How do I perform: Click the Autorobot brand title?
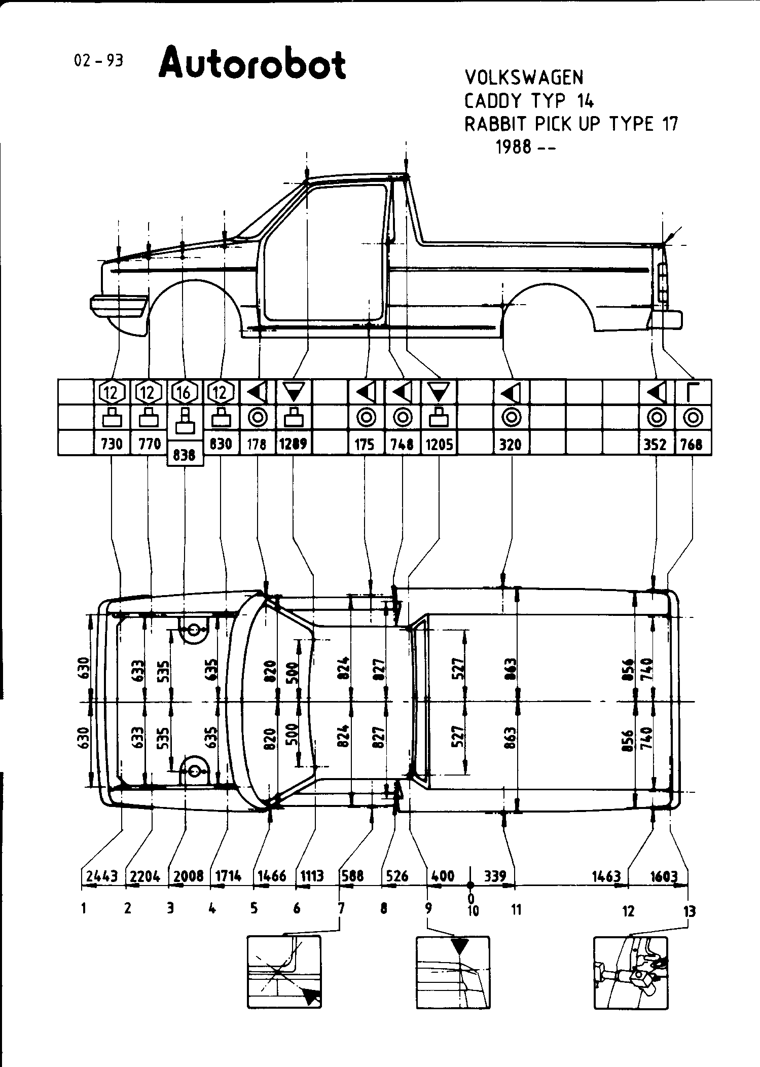point(252,64)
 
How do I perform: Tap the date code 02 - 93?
point(98,61)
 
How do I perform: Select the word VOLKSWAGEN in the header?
point(524,78)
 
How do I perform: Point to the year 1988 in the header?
point(514,147)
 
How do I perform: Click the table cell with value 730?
point(112,444)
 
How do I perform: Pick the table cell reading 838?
point(185,455)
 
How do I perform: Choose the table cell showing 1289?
point(294,444)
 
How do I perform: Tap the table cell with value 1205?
point(439,444)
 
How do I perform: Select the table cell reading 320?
point(511,444)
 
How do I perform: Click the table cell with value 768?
point(692,444)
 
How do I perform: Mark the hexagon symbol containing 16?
point(185,392)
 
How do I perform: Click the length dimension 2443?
point(102,876)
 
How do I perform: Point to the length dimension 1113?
point(312,876)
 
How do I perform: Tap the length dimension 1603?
point(664,876)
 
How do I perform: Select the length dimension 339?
point(495,876)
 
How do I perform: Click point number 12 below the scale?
point(628,911)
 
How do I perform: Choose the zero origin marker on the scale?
point(471,885)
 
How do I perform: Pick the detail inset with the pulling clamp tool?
point(630,972)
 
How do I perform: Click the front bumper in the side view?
point(119,304)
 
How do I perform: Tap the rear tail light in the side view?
point(662,282)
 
